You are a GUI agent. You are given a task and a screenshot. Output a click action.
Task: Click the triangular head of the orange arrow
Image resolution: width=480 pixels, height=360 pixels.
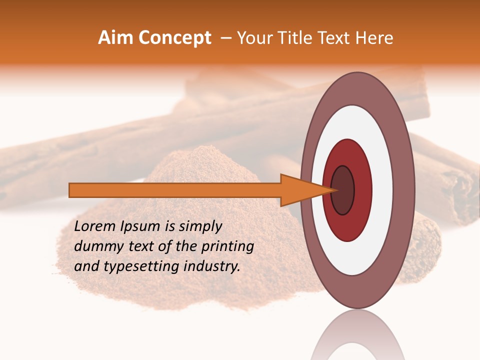pyautogui.click(x=300, y=190)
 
